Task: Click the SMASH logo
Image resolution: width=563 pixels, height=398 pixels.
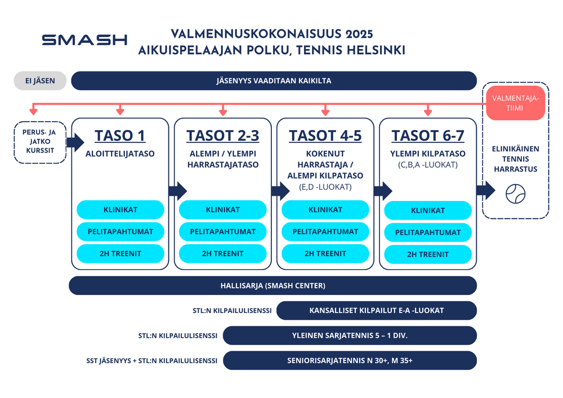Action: (84, 39)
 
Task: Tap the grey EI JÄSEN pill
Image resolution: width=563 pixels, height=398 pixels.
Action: (40, 81)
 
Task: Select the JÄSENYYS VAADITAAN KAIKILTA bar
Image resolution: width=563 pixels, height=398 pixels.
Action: (274, 81)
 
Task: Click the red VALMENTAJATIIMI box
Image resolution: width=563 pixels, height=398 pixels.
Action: (515, 103)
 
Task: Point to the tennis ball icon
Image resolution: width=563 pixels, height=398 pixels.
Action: (515, 194)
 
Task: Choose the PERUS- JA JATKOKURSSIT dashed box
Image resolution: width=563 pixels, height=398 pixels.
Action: (40, 142)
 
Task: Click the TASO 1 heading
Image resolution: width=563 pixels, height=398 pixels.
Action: (120, 136)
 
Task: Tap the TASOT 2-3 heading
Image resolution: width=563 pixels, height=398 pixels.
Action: (222, 136)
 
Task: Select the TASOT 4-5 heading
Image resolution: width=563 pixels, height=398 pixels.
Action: (325, 136)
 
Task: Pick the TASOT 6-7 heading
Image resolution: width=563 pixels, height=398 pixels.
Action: (428, 136)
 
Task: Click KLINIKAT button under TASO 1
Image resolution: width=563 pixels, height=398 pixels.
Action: (120, 209)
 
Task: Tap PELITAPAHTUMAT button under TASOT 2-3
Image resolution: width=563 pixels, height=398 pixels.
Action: (222, 231)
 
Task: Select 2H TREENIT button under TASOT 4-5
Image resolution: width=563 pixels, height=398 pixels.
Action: (325, 253)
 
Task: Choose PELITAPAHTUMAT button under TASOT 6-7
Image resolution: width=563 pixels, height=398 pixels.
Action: (428, 232)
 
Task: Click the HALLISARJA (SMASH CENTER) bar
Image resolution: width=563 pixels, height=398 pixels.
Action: (273, 285)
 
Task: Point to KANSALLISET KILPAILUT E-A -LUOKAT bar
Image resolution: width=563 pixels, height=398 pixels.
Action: (377, 310)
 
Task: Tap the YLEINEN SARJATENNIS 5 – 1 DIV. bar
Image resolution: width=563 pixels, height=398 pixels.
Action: (350, 336)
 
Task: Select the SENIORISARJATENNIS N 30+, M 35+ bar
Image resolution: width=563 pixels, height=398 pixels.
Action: (350, 360)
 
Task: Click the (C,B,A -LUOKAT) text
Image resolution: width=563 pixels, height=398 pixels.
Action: (428, 165)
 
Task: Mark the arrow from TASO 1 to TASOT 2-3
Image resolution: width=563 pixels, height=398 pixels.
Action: (177, 191)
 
